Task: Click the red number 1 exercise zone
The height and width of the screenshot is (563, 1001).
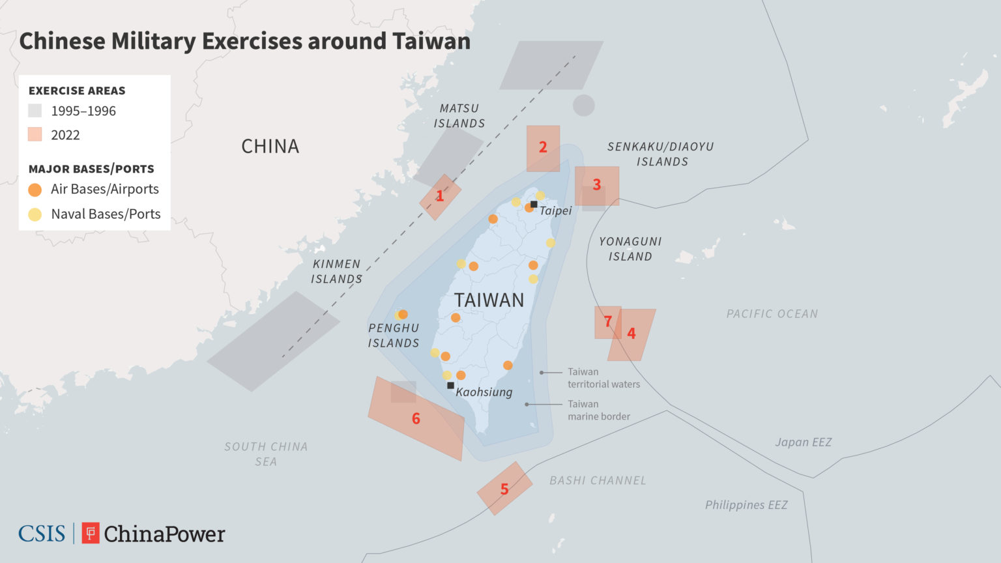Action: pyautogui.click(x=440, y=196)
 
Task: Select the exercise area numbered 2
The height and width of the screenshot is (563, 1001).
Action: pyautogui.click(x=543, y=148)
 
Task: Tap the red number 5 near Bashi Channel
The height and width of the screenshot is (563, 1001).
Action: pyautogui.click(x=504, y=489)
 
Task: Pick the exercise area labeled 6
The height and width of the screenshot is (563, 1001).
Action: pyautogui.click(x=416, y=418)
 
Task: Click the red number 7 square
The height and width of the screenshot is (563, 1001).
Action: pyautogui.click(x=607, y=322)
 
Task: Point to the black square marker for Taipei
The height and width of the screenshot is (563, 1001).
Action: pyautogui.click(x=534, y=205)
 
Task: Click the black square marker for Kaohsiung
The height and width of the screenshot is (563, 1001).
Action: pyautogui.click(x=450, y=385)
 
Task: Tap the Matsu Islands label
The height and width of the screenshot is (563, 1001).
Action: pyautogui.click(x=459, y=116)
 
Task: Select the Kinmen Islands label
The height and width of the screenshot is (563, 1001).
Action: pyautogui.click(x=336, y=271)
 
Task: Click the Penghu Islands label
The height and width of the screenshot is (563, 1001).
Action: pyautogui.click(x=394, y=336)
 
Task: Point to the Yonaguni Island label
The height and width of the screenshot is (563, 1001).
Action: pyautogui.click(x=630, y=249)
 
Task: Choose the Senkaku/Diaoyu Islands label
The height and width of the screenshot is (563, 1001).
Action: pyautogui.click(x=661, y=154)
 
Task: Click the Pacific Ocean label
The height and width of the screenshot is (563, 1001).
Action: pyautogui.click(x=772, y=314)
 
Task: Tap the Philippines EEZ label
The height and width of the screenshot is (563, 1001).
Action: pyautogui.click(x=746, y=505)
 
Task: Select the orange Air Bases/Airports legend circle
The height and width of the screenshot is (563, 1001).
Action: pyautogui.click(x=35, y=190)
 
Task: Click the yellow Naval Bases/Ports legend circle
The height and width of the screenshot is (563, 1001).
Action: pyautogui.click(x=35, y=214)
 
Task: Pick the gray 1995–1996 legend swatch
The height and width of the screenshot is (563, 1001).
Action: pyautogui.click(x=35, y=111)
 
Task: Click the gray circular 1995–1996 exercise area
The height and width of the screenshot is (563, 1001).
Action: pyautogui.click(x=583, y=106)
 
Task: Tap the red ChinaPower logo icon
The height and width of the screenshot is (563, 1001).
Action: pyautogui.click(x=91, y=533)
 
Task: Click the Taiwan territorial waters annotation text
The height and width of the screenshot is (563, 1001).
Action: pyautogui.click(x=603, y=378)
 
